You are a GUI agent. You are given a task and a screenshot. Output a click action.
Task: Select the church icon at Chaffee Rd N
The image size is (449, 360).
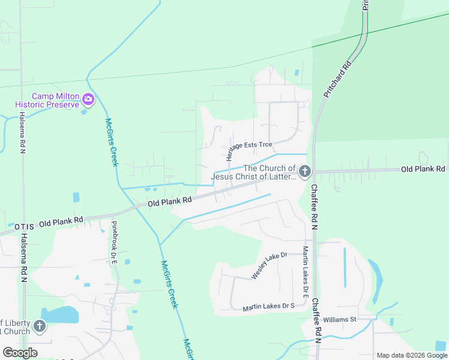coord(305,172)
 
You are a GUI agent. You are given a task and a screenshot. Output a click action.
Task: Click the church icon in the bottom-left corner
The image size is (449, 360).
coord(40,326)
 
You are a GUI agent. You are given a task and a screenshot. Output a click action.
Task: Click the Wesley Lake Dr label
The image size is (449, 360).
coord(270,265)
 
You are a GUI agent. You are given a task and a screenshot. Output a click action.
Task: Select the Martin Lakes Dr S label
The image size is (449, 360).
coord(268,307)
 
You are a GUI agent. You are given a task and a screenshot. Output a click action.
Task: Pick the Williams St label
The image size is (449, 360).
coord(340,320)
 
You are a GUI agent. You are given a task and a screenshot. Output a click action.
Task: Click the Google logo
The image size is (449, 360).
coord(20,353)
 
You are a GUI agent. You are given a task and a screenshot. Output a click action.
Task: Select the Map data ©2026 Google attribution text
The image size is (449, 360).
coord(412,355)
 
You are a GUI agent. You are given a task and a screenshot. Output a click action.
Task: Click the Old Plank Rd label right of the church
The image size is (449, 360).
coord(423,169)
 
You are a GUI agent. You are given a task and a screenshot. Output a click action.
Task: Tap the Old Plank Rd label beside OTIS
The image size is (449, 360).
coord(61,223)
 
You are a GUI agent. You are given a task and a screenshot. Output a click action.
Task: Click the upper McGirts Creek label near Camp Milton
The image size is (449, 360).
coord(112,142)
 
